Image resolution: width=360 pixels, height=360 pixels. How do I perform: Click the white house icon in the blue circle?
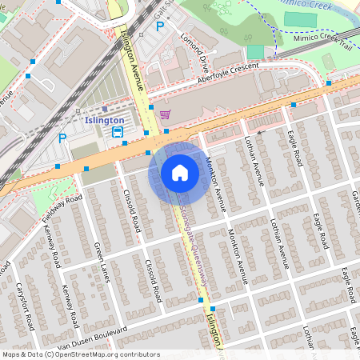coord(180,172)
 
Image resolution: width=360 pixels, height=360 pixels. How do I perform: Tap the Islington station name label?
coord(104,120)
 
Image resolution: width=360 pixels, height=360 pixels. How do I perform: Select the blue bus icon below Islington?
coord(118,132)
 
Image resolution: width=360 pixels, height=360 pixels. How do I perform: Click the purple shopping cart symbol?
coord(164,114)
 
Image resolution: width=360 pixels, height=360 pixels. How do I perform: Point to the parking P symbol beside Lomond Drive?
coord(160,26)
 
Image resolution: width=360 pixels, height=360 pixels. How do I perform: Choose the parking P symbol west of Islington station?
coord(62,138)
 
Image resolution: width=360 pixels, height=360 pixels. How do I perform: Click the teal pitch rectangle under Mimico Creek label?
coord(300,18)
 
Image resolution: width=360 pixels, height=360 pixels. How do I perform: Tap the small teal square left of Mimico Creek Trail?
coord(255,52)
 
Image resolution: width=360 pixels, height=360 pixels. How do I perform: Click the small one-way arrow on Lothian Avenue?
coord(258,130)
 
